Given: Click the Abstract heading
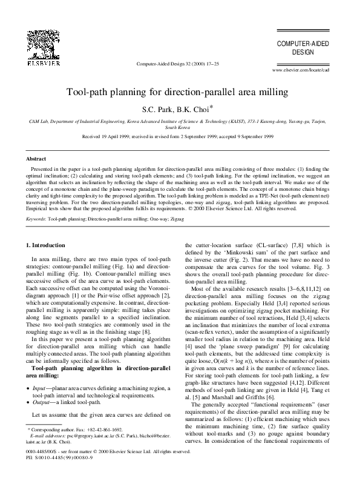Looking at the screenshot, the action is tap(37, 158).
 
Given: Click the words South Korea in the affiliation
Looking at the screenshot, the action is tap(180, 129).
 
